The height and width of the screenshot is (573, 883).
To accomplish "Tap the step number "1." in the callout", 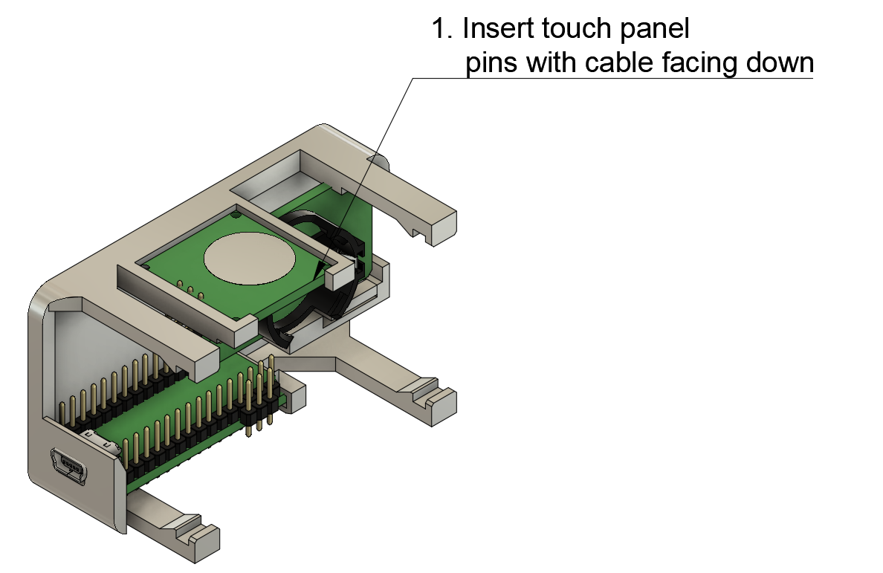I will click(442, 29).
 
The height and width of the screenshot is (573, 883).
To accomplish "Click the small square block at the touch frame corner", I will click(338, 276).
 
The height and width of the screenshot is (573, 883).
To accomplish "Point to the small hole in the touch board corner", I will click(235, 215).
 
